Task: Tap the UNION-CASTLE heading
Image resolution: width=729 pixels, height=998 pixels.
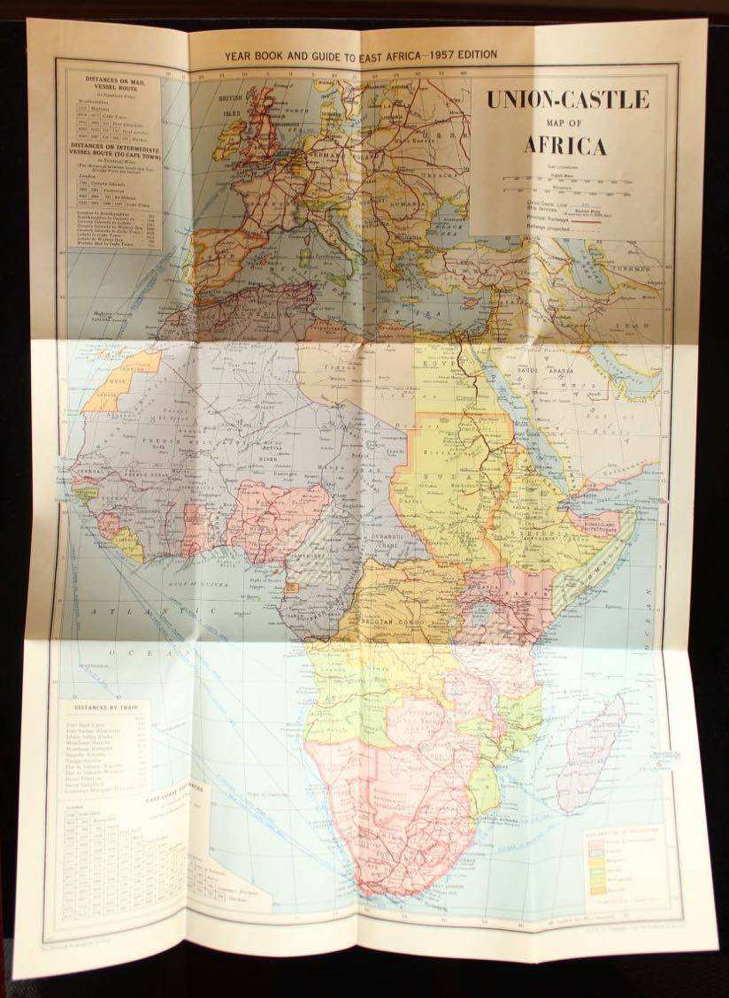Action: (x=566, y=100)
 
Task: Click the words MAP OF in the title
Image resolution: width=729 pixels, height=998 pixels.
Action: (x=566, y=123)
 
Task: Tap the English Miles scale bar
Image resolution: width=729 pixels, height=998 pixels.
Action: (x=566, y=180)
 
